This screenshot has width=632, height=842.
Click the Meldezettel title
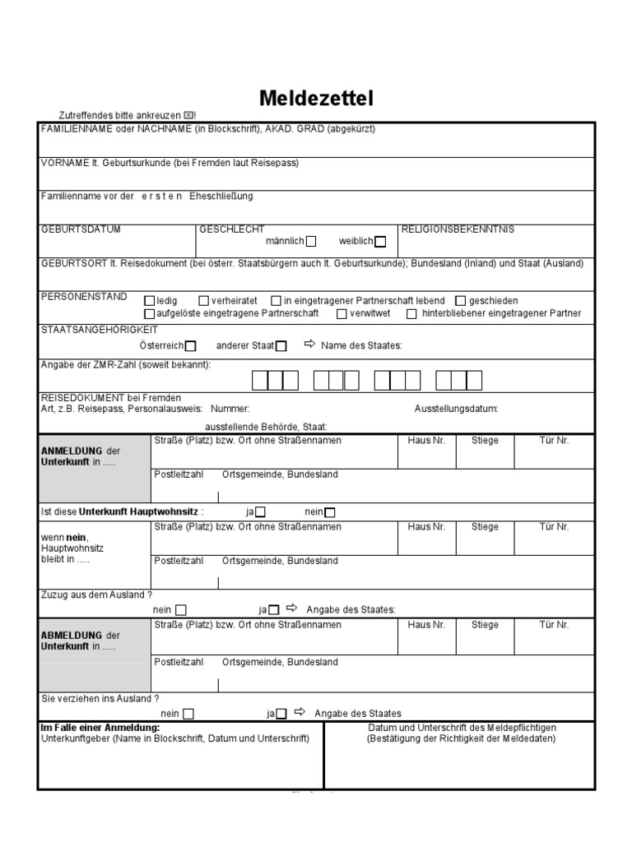316,99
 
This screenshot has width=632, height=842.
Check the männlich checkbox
311,242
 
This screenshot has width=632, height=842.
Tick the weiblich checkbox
379,242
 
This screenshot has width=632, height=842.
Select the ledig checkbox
149,301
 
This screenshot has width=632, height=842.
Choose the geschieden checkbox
461,301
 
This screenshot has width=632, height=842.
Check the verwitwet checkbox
342,313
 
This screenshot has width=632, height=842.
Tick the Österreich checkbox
191,346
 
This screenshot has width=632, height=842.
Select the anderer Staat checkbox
281,346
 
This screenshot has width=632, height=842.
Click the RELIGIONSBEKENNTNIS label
457,229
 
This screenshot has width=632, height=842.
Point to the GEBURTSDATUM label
81,229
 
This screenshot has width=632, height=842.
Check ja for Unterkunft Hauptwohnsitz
261,512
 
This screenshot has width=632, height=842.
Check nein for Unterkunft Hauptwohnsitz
330,512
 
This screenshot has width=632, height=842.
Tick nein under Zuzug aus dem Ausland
181,610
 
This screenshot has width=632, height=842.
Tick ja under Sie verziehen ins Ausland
281,714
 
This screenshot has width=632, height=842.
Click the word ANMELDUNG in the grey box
72,451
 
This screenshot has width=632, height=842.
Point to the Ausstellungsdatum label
456,408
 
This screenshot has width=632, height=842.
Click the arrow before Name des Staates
309,345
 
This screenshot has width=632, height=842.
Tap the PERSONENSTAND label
84,297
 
